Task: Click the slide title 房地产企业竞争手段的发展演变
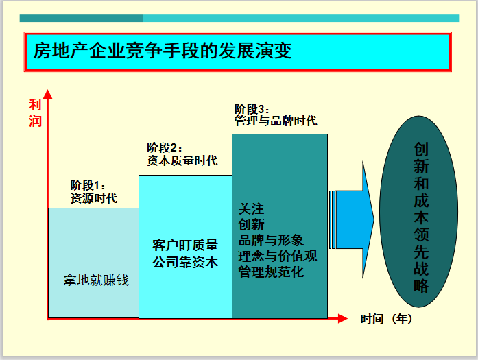click(x=163, y=51)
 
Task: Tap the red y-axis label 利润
click(x=35, y=113)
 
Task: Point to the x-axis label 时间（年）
click(x=386, y=319)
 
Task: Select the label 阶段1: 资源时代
click(x=94, y=192)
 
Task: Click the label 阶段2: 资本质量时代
click(x=182, y=154)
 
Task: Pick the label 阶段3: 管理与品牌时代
click(x=276, y=115)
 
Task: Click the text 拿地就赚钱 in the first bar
click(x=96, y=280)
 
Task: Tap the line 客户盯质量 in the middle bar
click(x=185, y=245)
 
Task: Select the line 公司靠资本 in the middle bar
click(x=185, y=263)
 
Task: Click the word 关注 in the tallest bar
click(x=251, y=209)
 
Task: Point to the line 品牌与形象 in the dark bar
click(x=271, y=241)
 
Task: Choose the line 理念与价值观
click(x=278, y=256)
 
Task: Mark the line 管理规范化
click(x=271, y=272)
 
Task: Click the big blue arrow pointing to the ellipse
click(x=352, y=220)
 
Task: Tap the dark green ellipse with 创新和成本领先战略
click(x=419, y=212)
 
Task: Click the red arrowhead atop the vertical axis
click(x=47, y=94)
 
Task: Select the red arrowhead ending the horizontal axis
click(x=343, y=319)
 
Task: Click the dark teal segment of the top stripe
click(x=81, y=19)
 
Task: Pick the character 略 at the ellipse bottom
click(x=420, y=286)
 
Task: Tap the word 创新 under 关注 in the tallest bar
click(x=251, y=225)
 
